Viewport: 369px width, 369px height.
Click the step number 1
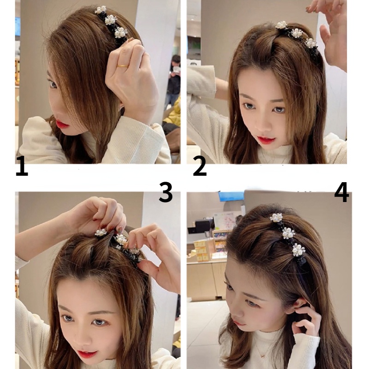click(22, 167)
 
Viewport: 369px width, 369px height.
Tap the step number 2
click(200, 167)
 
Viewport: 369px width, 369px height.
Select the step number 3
click(166, 192)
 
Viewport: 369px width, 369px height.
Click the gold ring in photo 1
click(123, 65)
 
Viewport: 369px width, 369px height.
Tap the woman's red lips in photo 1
click(62, 124)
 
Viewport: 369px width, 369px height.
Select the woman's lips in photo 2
click(266, 139)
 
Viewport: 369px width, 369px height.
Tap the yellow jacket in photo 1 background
click(174, 115)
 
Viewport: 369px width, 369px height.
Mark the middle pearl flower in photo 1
click(110, 20)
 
